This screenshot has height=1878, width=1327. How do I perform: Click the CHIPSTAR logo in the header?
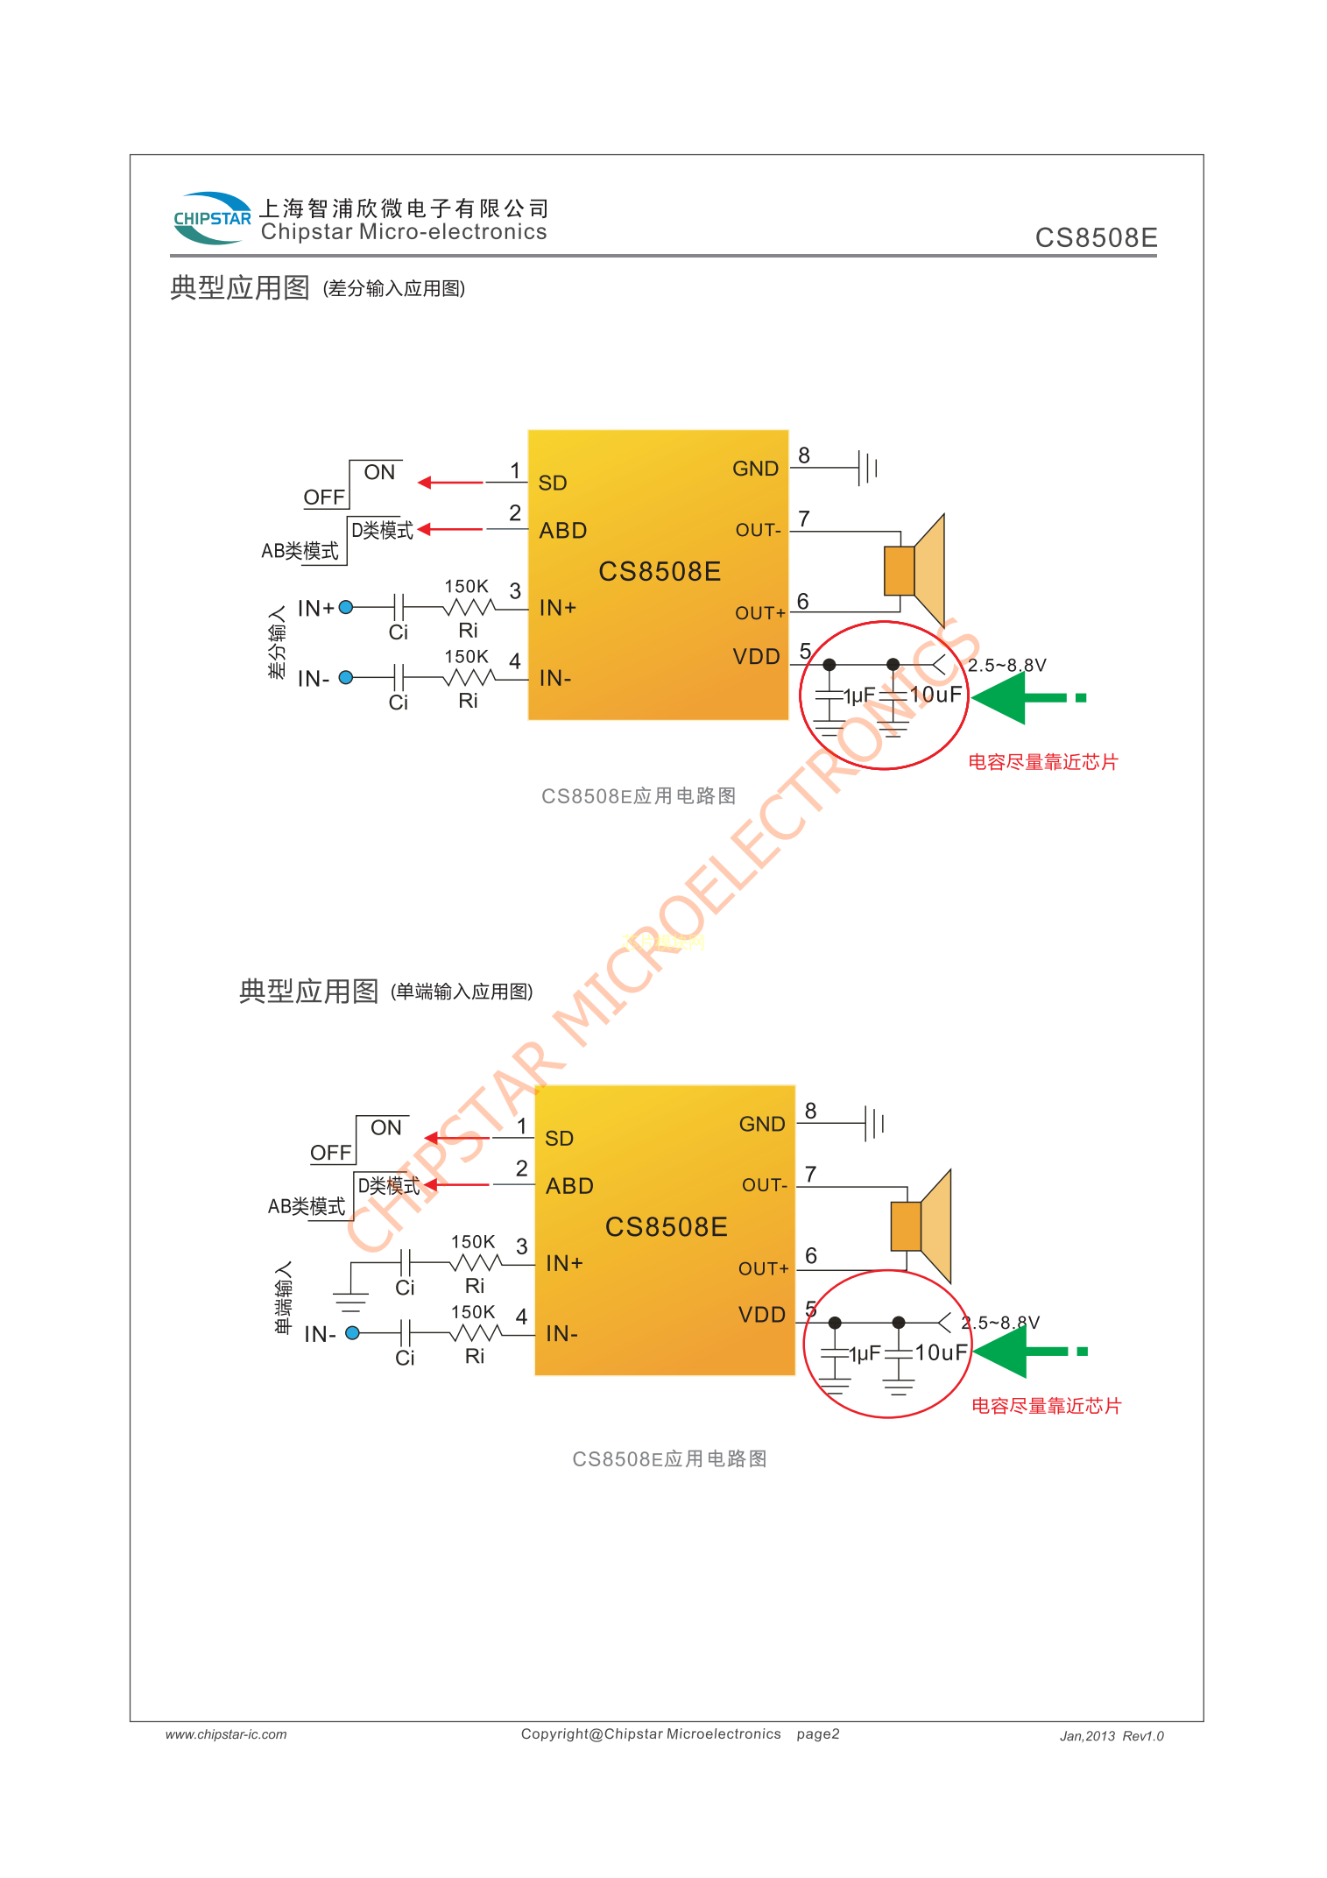pyautogui.click(x=212, y=218)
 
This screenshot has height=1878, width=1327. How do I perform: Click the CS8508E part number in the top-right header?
pyautogui.click(x=1096, y=238)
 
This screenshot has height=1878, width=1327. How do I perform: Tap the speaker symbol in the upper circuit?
pyautogui.click(x=915, y=570)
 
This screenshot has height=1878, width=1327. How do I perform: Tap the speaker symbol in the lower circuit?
pyautogui.click(x=921, y=1225)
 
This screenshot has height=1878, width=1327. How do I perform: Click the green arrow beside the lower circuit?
pyautogui.click(x=1028, y=1352)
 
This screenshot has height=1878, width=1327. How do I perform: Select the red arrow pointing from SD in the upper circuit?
pyautogui.click(x=450, y=483)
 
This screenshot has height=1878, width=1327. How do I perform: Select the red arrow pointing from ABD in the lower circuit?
pyautogui.click(x=456, y=1185)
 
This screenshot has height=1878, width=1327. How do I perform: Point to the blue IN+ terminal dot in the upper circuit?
pyautogui.click(x=346, y=607)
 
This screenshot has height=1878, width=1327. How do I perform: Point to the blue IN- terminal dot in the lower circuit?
pyautogui.click(x=353, y=1333)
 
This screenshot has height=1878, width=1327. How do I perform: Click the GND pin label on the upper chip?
pyautogui.click(x=755, y=469)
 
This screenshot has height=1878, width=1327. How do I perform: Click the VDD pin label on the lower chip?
pyautogui.click(x=762, y=1315)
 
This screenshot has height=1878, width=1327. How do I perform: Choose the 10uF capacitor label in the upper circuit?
pyautogui.click(x=935, y=695)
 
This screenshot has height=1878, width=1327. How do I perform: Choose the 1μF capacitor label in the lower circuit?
pyautogui.click(x=865, y=1354)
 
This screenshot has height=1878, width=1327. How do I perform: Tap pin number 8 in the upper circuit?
pyautogui.click(x=804, y=455)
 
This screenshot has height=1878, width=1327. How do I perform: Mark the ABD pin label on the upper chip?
pyautogui.click(x=563, y=531)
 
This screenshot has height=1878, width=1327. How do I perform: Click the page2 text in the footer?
pyautogui.click(x=818, y=1734)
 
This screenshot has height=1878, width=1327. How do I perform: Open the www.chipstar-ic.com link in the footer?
pyautogui.click(x=226, y=1734)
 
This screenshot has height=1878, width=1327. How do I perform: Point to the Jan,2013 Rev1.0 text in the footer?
pyautogui.click(x=1112, y=1736)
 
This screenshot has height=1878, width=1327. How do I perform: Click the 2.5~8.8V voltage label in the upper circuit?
pyautogui.click(x=1006, y=666)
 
